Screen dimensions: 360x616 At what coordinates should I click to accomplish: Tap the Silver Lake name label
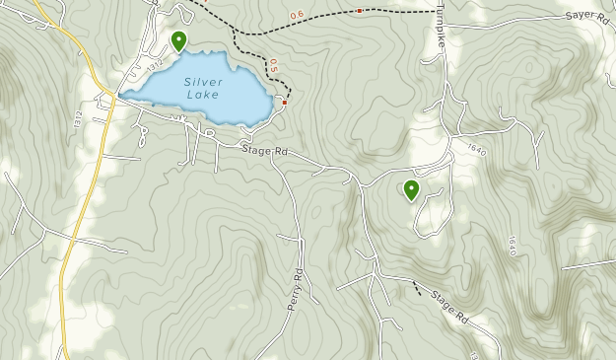click(202, 89)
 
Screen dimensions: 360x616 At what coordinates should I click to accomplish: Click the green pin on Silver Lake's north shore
click(178, 40)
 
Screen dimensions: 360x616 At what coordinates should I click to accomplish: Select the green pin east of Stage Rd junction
click(411, 189)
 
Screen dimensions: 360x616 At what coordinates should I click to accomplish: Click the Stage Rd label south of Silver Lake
click(265, 151)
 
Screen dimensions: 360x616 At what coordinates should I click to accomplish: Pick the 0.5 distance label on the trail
click(273, 66)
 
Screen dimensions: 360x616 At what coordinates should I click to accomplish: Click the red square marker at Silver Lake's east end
click(285, 102)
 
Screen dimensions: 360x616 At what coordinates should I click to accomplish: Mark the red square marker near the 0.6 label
click(359, 11)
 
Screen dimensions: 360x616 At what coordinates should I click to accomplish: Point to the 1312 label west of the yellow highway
click(77, 118)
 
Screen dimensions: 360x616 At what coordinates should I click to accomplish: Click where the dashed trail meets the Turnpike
click(435, 12)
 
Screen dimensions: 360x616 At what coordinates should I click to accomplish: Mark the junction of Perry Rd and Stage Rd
click(272, 160)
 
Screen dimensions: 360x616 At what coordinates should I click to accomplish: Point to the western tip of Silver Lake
click(121, 96)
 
